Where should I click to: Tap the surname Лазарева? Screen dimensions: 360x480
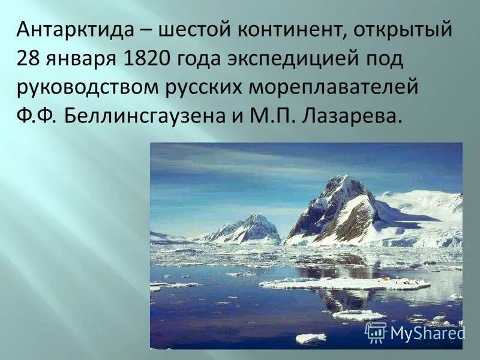pyautogui.click(x=351, y=116)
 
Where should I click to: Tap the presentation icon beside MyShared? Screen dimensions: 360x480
pyautogui.click(x=376, y=332)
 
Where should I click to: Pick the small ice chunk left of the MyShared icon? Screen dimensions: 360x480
pyautogui.click(x=310, y=338)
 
